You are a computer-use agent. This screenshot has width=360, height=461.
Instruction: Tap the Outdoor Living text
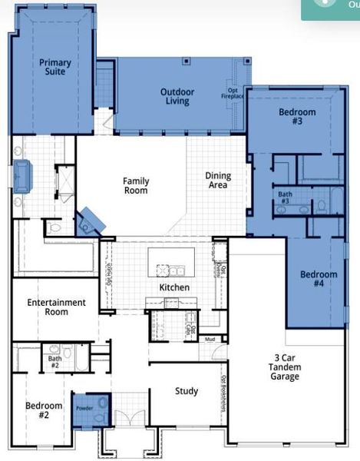177,97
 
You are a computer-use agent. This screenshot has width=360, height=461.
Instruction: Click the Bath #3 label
285,198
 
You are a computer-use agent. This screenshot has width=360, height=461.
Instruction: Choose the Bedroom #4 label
318,279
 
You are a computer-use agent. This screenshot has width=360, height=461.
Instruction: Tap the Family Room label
136,186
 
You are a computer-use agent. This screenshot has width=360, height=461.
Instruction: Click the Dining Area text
218,181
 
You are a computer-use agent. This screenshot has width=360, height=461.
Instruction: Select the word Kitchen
174,287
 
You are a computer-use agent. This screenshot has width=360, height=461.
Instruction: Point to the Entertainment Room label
57,307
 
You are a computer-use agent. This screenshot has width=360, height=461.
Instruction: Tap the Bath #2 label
54,362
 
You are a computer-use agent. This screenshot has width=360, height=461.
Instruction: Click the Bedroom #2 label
38,410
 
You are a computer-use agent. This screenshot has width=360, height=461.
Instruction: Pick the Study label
186,391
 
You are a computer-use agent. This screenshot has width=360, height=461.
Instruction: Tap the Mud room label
209,339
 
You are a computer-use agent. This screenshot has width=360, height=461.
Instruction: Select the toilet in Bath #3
322,207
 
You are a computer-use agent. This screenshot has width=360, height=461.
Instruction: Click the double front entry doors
129,419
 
